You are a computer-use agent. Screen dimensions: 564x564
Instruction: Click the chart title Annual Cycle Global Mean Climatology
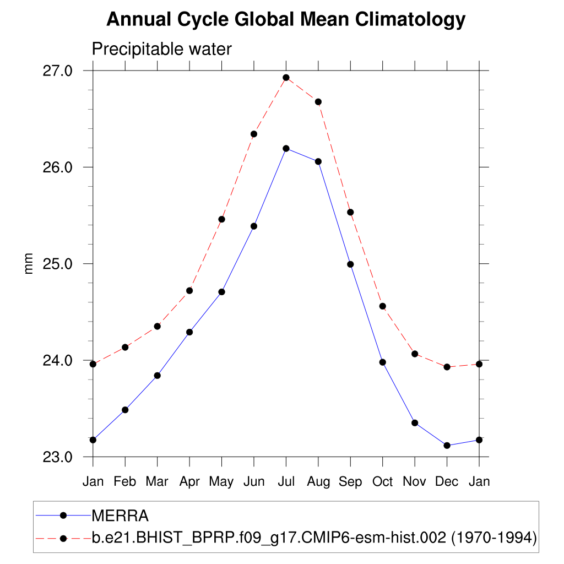click(286, 19)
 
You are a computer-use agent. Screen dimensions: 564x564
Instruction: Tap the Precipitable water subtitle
click(161, 49)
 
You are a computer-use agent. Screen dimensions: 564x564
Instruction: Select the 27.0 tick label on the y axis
click(58, 71)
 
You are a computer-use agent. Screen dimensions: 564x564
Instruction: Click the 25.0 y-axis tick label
click(58, 264)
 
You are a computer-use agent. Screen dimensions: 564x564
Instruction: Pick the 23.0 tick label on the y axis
click(58, 457)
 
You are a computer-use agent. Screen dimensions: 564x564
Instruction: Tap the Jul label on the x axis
click(286, 481)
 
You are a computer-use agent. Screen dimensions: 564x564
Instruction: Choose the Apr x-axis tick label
click(189, 481)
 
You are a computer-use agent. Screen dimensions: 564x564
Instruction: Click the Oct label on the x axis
click(382, 481)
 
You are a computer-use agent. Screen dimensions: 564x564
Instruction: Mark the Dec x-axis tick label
click(447, 481)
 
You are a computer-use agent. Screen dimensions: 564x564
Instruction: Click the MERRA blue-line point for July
click(286, 148)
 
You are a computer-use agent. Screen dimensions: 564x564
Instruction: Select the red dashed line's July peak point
click(286, 78)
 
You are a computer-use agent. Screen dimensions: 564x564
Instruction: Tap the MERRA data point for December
click(447, 446)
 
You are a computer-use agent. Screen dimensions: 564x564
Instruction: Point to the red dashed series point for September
click(350, 212)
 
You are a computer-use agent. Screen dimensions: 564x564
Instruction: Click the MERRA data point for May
click(222, 291)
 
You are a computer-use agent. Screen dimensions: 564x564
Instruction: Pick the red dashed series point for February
click(125, 347)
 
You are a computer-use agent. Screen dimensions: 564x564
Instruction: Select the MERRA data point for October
click(382, 362)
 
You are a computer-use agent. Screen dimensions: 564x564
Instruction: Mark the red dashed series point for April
click(189, 290)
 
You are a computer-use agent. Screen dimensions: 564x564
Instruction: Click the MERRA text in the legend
click(120, 516)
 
